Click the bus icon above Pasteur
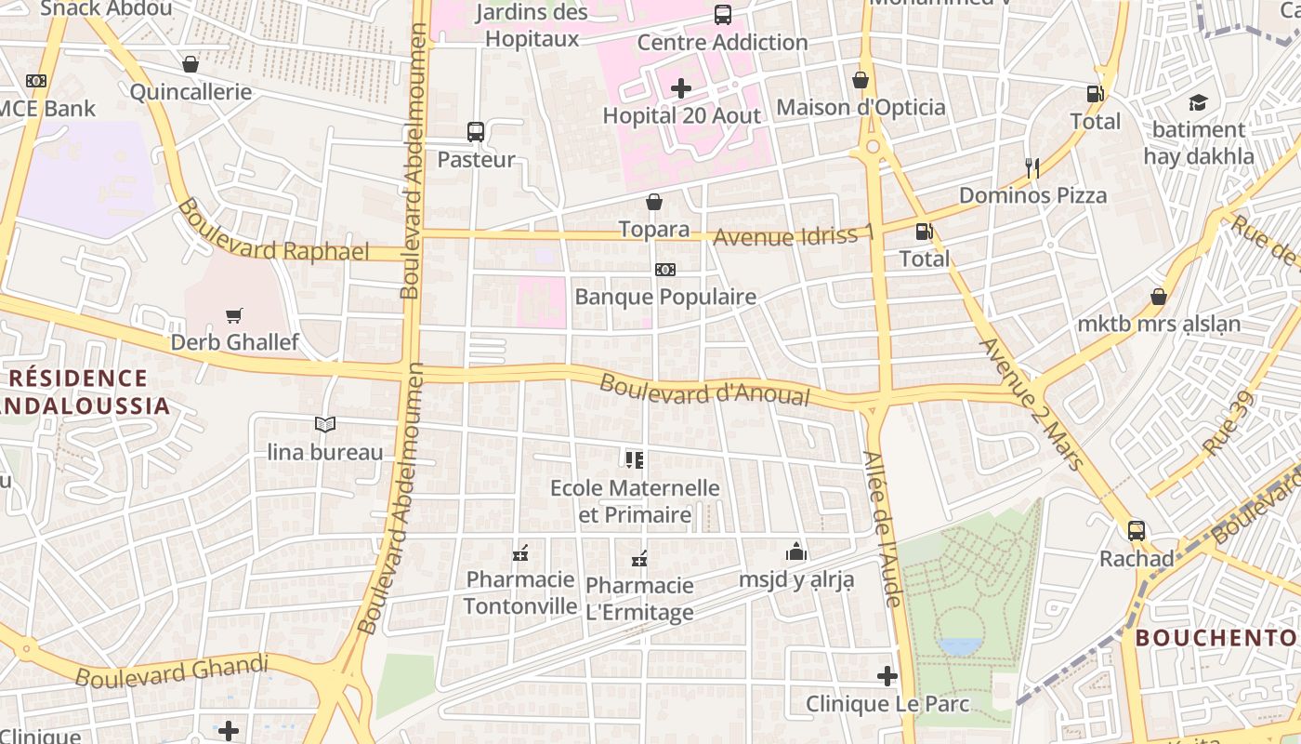point(476,132)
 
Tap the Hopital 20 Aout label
point(681,116)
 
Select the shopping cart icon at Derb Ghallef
point(234,316)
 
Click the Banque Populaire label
point(665,298)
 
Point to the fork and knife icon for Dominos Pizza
point(1032,168)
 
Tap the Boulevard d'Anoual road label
point(704,390)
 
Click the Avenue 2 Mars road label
point(1032,404)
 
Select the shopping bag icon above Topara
point(654,202)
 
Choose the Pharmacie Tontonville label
point(520,593)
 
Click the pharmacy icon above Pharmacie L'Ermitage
point(639,559)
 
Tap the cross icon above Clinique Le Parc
point(887,676)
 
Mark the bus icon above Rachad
point(1136,531)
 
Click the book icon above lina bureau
point(324,425)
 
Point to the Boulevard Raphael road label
point(273,233)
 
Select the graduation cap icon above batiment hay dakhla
point(1198,102)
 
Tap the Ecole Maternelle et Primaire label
point(636,501)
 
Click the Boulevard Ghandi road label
point(172,671)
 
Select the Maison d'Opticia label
point(861,108)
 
